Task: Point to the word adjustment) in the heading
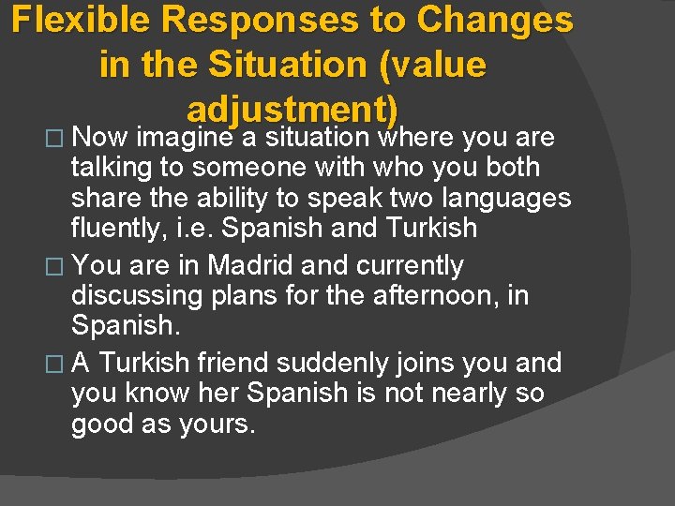pyautogui.click(x=292, y=110)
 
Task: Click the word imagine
pyautogui.click(x=185, y=138)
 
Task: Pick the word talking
pyautogui.click(x=117, y=168)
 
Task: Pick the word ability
pyautogui.click(x=267, y=198)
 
